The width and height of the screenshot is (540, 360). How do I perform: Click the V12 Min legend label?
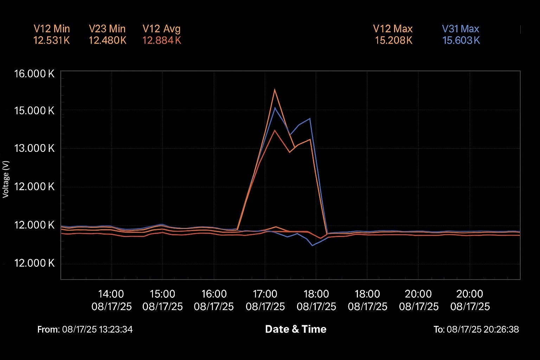pyautogui.click(x=52, y=29)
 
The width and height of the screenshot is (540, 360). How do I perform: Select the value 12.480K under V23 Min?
pyautogui.click(x=108, y=40)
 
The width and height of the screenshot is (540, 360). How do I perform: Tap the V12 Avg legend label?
pyautogui.click(x=161, y=29)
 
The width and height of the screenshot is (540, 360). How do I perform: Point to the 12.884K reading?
pyautogui.click(x=162, y=40)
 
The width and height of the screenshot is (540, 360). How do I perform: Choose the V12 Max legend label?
pyautogui.click(x=393, y=29)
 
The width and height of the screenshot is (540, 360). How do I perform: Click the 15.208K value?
pyautogui.click(x=393, y=40)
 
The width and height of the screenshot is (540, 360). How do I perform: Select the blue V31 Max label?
pyautogui.click(x=461, y=29)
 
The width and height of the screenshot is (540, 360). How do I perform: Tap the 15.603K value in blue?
pyautogui.click(x=461, y=40)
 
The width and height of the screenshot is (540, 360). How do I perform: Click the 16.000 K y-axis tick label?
pyautogui.click(x=34, y=73)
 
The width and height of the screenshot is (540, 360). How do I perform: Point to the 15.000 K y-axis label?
pyautogui.click(x=34, y=110)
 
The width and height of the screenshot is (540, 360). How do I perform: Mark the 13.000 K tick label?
pyautogui.click(x=34, y=148)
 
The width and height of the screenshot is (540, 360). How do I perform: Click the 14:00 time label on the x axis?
pyautogui.click(x=111, y=294)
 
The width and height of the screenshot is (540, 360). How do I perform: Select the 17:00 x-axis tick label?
pyautogui.click(x=265, y=294)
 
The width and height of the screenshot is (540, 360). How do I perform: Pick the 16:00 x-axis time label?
pyautogui.click(x=214, y=294)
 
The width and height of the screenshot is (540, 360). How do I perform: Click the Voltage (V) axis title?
pyautogui.click(x=6, y=179)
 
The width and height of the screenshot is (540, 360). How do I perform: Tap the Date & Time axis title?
pyautogui.click(x=296, y=329)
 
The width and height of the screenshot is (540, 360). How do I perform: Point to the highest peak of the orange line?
pyautogui.click(x=275, y=89)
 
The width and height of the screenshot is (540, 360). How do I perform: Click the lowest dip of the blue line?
pyautogui.click(x=313, y=245)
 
